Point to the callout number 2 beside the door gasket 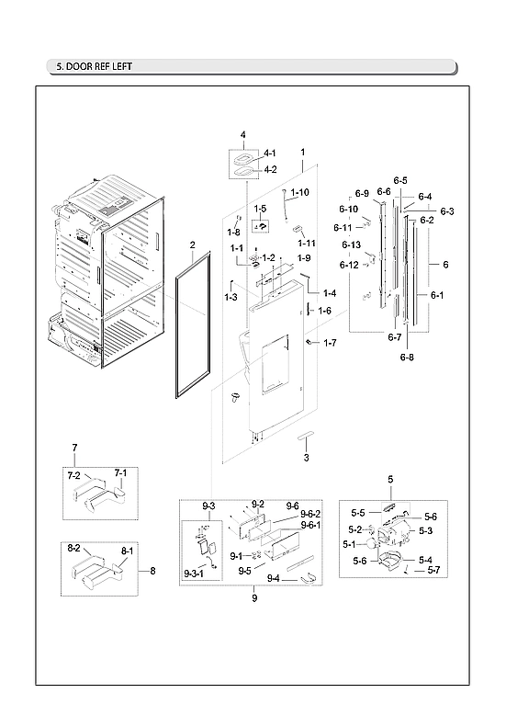[x=192, y=245]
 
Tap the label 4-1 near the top [x=270, y=153]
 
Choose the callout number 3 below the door [x=306, y=458]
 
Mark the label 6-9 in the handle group [x=362, y=193]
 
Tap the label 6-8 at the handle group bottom [x=407, y=357]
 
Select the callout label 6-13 [x=351, y=245]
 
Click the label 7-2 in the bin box [x=74, y=475]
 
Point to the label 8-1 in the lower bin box [x=128, y=551]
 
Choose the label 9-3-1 [x=194, y=574]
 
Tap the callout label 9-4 [x=273, y=578]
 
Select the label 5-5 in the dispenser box [x=360, y=512]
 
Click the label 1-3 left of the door [x=231, y=297]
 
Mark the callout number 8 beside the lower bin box [x=152, y=571]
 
